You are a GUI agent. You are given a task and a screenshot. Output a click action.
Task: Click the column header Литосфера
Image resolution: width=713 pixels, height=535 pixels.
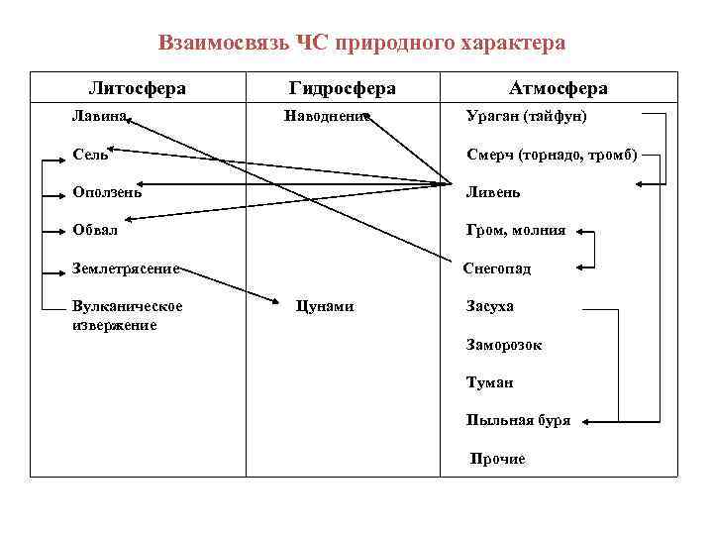[x=137, y=88]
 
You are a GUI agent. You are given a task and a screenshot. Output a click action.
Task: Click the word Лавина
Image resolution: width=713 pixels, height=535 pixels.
[x=99, y=116]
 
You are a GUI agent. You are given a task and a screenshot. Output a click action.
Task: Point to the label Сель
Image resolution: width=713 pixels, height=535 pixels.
[x=90, y=155]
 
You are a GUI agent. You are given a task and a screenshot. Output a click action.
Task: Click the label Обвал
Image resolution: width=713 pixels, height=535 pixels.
[x=95, y=230]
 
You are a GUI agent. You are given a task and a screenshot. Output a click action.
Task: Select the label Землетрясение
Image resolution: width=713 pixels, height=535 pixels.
[x=125, y=267]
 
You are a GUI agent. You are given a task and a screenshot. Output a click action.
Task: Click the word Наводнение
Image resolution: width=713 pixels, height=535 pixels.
[x=326, y=116]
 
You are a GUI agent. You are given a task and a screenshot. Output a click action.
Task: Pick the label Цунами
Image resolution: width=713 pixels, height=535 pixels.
[x=325, y=306]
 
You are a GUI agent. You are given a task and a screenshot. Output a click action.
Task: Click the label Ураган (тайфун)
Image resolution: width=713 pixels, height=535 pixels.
[x=526, y=116]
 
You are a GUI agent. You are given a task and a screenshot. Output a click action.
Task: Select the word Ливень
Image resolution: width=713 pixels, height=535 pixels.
[x=493, y=192]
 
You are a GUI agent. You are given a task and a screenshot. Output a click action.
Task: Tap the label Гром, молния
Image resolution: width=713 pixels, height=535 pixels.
[x=516, y=230]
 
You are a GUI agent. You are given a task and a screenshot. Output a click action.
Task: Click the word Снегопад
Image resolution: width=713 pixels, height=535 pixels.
[x=497, y=268]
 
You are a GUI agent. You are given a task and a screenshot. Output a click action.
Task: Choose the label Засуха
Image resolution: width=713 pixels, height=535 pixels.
[x=490, y=306]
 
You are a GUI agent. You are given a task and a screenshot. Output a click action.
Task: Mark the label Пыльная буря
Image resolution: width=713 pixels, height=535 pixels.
[x=518, y=420]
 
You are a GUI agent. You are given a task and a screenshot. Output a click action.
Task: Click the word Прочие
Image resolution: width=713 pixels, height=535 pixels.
[x=498, y=459]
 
